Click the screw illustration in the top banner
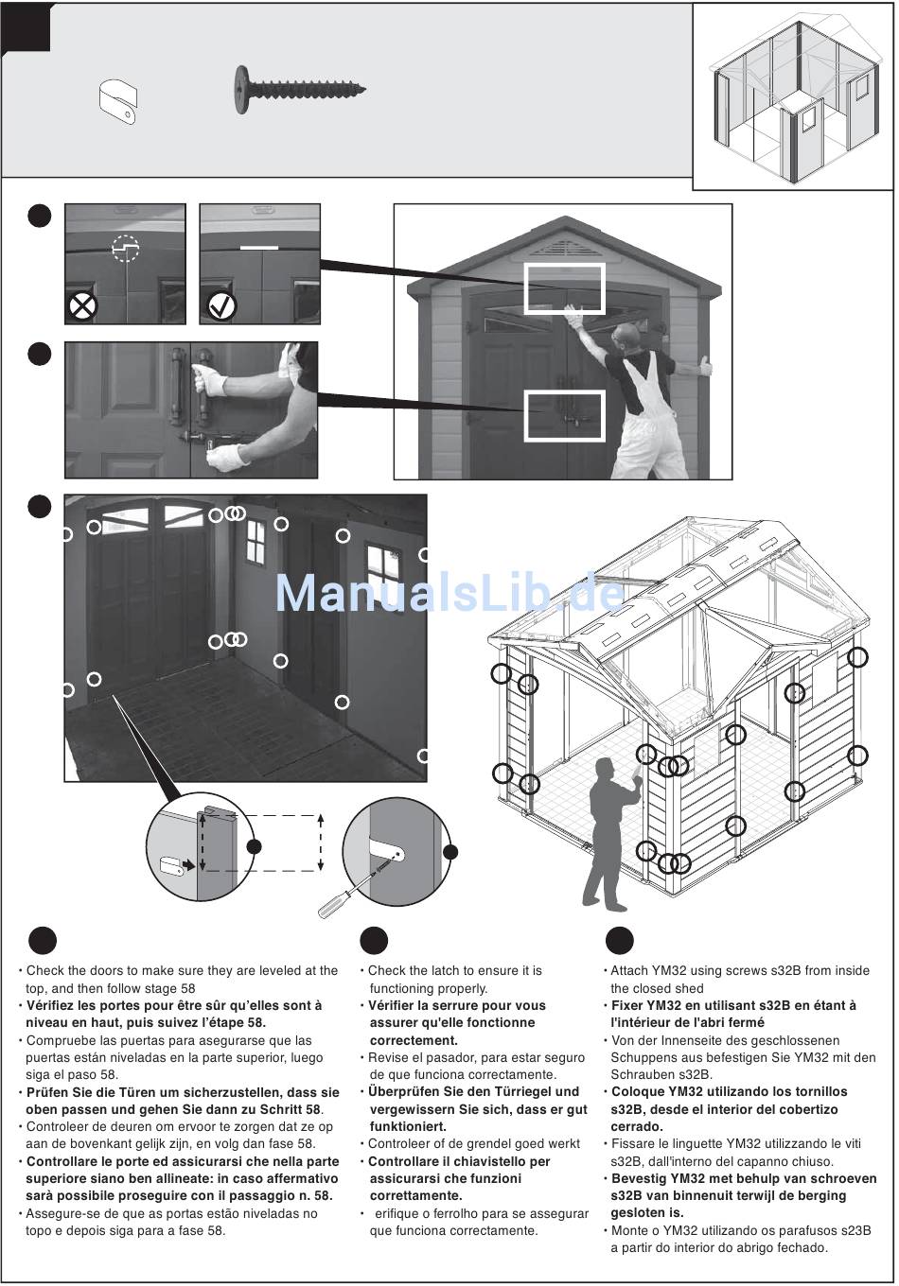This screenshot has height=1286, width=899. point(300,89)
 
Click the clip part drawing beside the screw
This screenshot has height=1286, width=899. point(117,102)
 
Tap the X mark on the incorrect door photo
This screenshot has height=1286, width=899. point(82,306)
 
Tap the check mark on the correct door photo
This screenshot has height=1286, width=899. point(221,306)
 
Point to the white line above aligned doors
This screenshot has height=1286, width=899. point(259,248)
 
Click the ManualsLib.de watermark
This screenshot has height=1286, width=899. point(449,593)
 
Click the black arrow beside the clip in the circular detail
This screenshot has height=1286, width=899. point(187,864)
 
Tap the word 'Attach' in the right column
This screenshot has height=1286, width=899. point(629,970)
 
